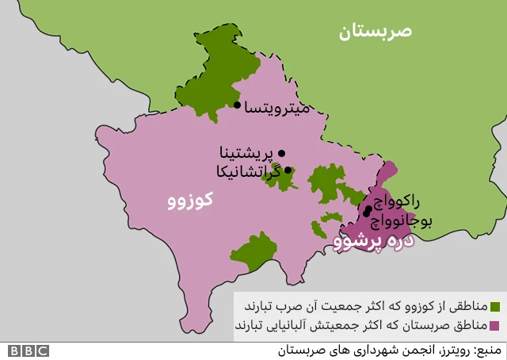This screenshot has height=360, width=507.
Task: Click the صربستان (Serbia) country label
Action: pos(375,32)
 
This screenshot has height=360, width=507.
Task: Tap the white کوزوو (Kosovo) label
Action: pos(190,201)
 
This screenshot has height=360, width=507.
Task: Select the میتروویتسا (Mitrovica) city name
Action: pos(277,106)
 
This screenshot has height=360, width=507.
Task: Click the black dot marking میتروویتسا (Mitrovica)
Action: pos(237,105)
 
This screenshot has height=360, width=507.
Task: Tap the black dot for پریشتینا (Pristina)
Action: pos(281,153)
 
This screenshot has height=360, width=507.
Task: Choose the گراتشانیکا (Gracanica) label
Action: pos(249,170)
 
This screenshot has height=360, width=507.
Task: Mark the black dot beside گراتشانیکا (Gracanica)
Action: pos(288,170)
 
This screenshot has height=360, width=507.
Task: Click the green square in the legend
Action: pos(496,307)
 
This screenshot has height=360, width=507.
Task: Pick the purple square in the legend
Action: pos(496,326)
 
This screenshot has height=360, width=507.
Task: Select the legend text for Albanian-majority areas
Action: pos(361,325)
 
